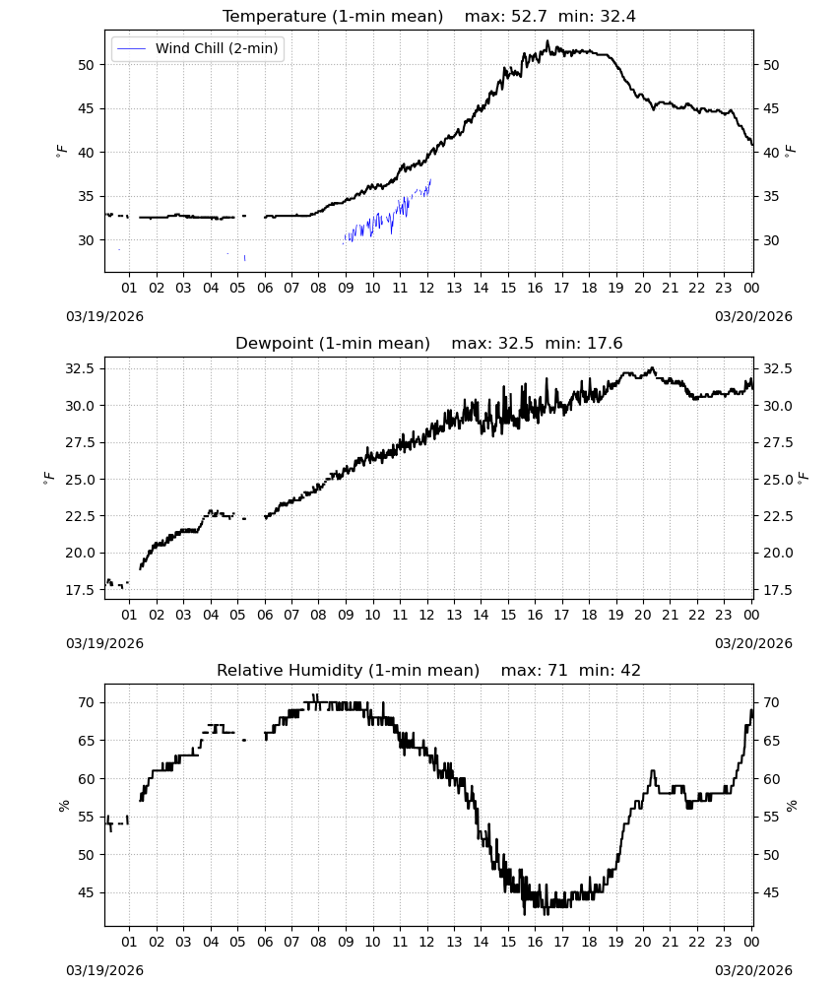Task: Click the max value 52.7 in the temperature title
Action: [528, 17]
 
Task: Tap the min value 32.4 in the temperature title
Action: [617, 17]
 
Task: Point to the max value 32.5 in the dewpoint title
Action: [516, 344]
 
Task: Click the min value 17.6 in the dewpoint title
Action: [605, 344]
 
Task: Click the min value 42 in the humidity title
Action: [630, 671]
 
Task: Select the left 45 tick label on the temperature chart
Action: [86, 108]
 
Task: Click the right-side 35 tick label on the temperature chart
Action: [770, 197]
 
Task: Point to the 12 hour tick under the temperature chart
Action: [427, 288]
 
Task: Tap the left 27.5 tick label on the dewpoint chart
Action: [81, 443]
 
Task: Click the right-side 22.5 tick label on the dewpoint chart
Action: [777, 516]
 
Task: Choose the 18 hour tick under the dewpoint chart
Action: [589, 615]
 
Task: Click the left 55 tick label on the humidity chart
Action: [86, 818]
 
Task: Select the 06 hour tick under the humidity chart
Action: [265, 943]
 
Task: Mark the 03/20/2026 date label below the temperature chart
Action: [753, 316]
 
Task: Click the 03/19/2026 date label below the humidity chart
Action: [104, 970]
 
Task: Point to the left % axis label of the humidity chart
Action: [63, 806]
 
